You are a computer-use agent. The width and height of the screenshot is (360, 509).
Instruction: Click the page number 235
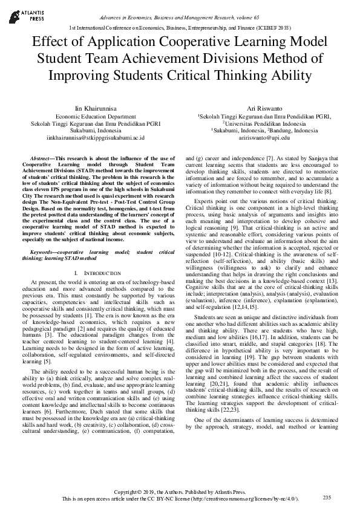pos(328,497)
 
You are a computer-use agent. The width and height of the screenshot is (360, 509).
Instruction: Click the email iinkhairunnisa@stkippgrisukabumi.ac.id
pos(96,138)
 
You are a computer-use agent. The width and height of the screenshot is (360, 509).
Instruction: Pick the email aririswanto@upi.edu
pos(264,138)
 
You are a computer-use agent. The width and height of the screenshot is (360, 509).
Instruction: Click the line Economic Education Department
pos(96,115)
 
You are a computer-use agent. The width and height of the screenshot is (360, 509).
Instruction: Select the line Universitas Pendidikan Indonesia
pos(264,123)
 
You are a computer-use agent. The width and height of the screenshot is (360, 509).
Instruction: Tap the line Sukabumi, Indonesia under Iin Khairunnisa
pos(96,130)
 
